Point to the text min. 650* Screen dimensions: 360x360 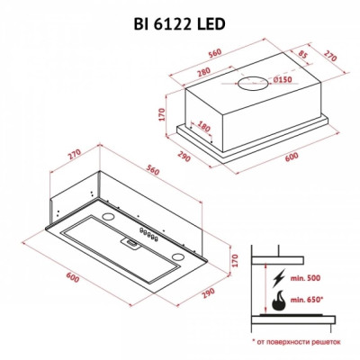click(311, 295)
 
